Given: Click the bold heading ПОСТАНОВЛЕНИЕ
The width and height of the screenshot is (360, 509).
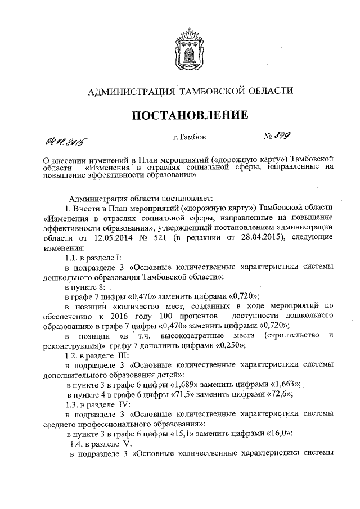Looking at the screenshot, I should pos(190,116).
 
